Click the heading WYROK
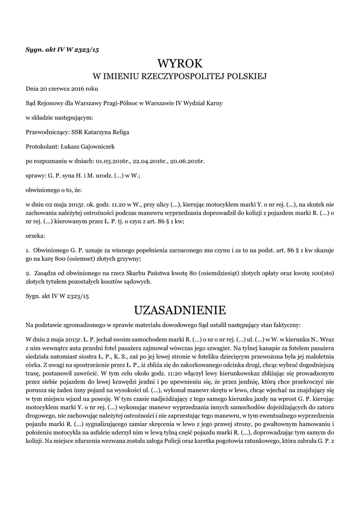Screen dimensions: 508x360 point(180,63)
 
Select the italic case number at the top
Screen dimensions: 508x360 point(63,50)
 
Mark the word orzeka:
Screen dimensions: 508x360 point(35,236)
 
